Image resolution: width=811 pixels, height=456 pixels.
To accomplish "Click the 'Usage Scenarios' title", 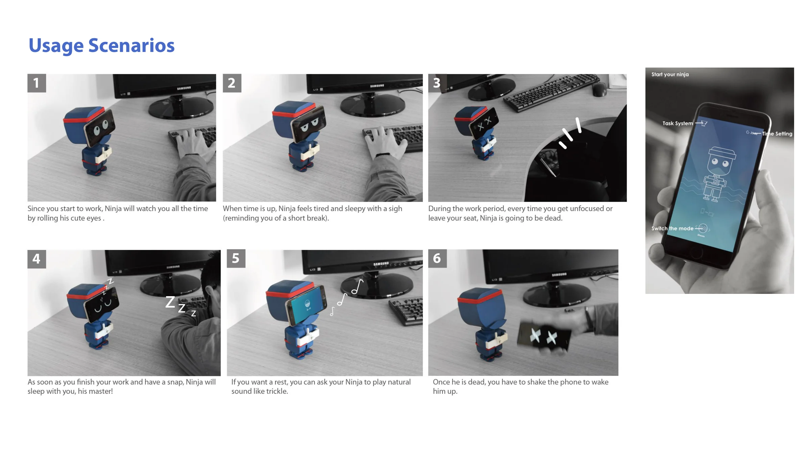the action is coord(101,46).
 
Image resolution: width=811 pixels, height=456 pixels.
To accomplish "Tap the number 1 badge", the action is coord(36,83).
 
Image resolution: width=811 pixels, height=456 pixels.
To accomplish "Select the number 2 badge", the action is coord(232,83).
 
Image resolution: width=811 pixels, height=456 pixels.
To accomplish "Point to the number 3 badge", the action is coord(437,83).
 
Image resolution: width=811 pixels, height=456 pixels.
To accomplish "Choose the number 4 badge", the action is coord(36,259).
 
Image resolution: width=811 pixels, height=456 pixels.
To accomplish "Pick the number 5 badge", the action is coord(236,259).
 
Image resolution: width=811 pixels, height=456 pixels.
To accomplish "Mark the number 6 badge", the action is coord(437,259).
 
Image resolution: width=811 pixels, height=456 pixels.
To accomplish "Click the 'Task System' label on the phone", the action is coord(678,123).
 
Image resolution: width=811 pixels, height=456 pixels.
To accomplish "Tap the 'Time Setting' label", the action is coord(777,134).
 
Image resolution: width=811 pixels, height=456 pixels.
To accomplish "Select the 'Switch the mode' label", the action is coord(672,228).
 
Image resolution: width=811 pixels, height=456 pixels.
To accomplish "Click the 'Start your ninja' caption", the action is coord(670,75).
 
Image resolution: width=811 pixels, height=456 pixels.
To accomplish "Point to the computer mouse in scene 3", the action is coord(599,89).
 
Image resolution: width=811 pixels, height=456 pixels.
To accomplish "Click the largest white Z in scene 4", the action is coord(170,302).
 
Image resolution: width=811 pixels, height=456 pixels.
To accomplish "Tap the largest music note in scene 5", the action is coord(357,287).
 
